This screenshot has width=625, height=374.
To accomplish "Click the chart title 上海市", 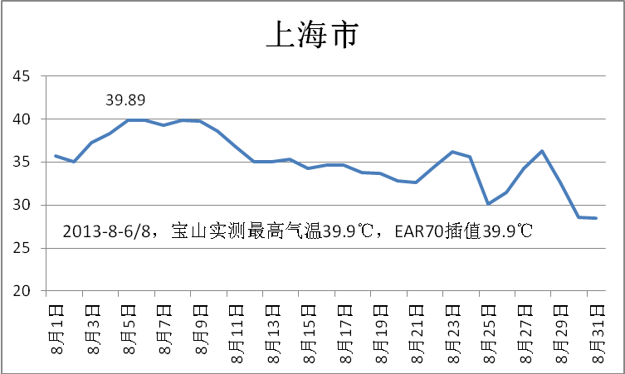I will click(311, 35).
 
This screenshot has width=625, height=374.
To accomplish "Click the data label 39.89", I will click(125, 100).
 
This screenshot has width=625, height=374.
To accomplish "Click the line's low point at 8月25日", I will click(488, 203).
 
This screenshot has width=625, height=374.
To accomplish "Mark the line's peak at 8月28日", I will click(542, 151).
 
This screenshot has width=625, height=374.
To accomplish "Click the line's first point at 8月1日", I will click(56, 156).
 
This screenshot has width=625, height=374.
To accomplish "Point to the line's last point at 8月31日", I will click(596, 218).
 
